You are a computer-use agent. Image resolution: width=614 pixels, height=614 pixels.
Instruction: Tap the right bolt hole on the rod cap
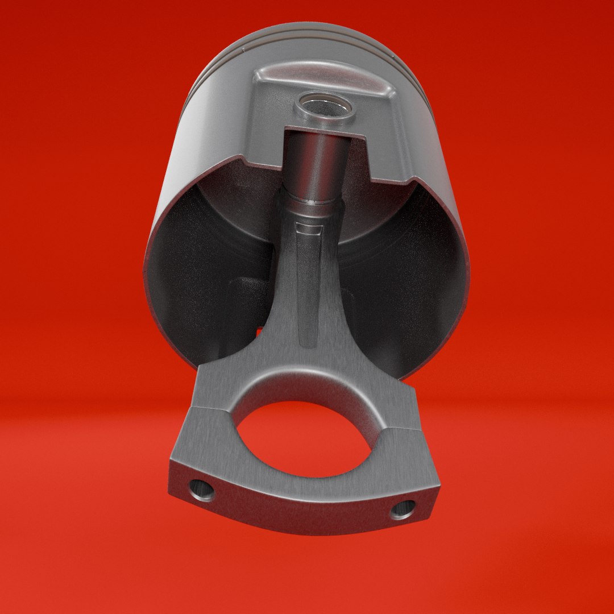pos(403,509)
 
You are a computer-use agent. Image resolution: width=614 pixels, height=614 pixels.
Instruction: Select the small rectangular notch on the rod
pos(310,229)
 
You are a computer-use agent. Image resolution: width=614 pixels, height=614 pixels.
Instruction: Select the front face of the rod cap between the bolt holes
pos(301,500)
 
